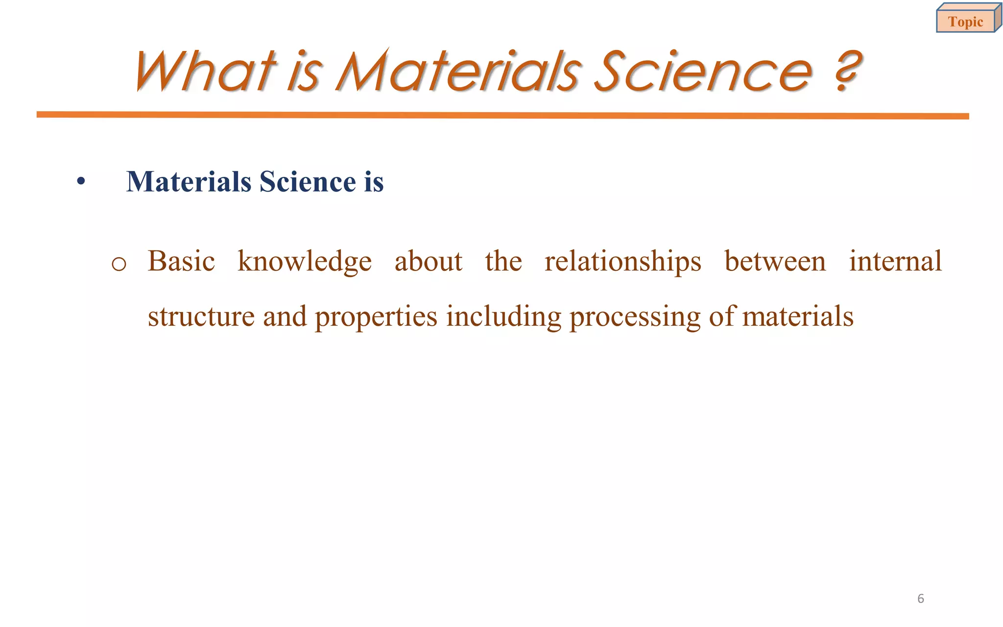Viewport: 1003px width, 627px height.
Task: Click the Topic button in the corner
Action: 966,22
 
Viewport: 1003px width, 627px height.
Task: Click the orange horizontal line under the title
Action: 502,115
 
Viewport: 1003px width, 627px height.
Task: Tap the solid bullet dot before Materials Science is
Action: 81,182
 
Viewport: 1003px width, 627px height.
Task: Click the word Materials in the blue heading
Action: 189,182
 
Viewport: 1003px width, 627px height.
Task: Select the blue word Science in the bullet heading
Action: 308,182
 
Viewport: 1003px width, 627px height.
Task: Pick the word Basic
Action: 181,261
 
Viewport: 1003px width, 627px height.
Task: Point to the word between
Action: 775,261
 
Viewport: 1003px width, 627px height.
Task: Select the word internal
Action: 895,261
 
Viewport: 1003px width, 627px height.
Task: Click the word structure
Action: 201,316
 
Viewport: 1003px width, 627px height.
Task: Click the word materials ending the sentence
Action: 798,316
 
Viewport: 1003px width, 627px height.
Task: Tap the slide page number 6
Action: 920,599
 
